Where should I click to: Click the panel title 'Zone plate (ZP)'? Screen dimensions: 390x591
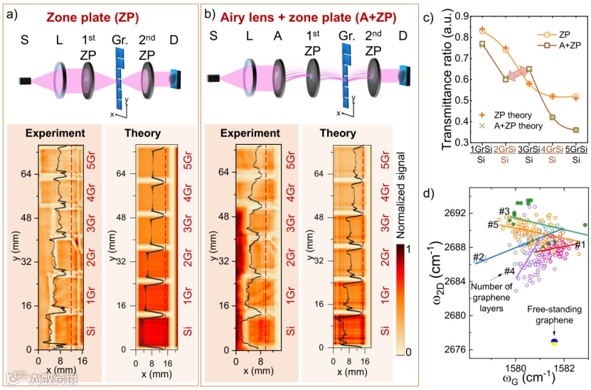click(x=92, y=14)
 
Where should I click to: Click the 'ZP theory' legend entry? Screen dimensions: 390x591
click(x=509, y=114)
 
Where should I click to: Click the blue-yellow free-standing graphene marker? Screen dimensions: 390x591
click(x=554, y=342)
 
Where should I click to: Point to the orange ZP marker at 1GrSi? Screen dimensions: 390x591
click(x=482, y=31)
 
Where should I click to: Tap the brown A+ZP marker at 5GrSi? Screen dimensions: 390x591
click(x=576, y=130)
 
